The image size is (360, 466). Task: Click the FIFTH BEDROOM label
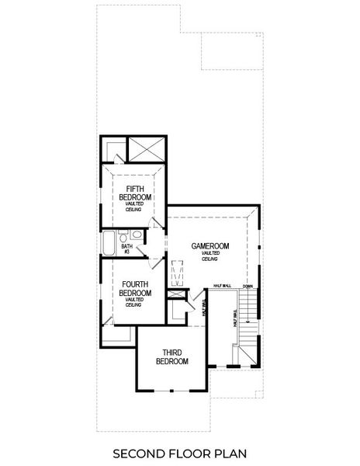point(135,193)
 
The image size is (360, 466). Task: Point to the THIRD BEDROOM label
point(172,356)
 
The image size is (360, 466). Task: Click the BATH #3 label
point(126,249)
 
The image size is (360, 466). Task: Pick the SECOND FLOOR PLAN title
point(179,451)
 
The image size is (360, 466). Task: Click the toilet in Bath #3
point(136,234)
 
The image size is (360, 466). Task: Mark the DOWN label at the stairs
point(247,286)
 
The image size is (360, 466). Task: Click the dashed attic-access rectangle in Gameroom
point(176,271)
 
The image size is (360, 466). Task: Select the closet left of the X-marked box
point(114,149)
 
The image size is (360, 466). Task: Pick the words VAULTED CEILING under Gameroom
point(210,256)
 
